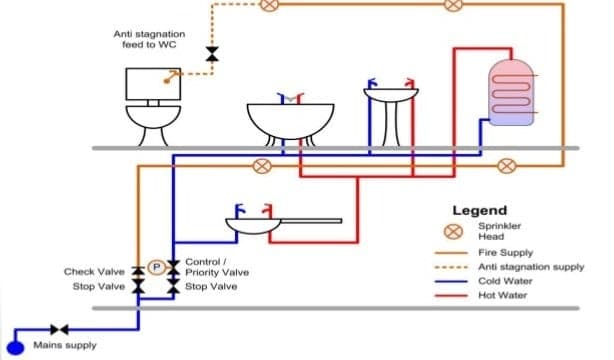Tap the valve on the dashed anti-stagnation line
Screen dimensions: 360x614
(x=212, y=53)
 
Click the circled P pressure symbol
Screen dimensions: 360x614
(x=156, y=266)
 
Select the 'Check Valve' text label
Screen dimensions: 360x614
(x=93, y=272)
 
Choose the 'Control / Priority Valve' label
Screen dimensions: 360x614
(x=216, y=267)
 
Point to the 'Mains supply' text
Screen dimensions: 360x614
(x=66, y=346)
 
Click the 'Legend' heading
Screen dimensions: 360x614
(x=479, y=211)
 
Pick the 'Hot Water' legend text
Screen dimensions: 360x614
(x=503, y=295)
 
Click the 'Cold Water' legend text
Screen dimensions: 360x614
(x=505, y=281)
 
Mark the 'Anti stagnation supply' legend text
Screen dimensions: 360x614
(x=531, y=267)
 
